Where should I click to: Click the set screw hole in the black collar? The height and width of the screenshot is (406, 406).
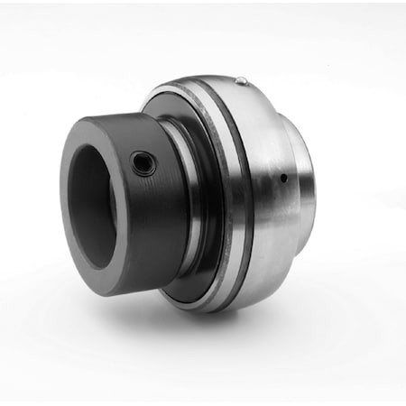click(143, 164)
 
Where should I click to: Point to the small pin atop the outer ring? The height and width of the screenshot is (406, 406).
click(241, 82)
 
